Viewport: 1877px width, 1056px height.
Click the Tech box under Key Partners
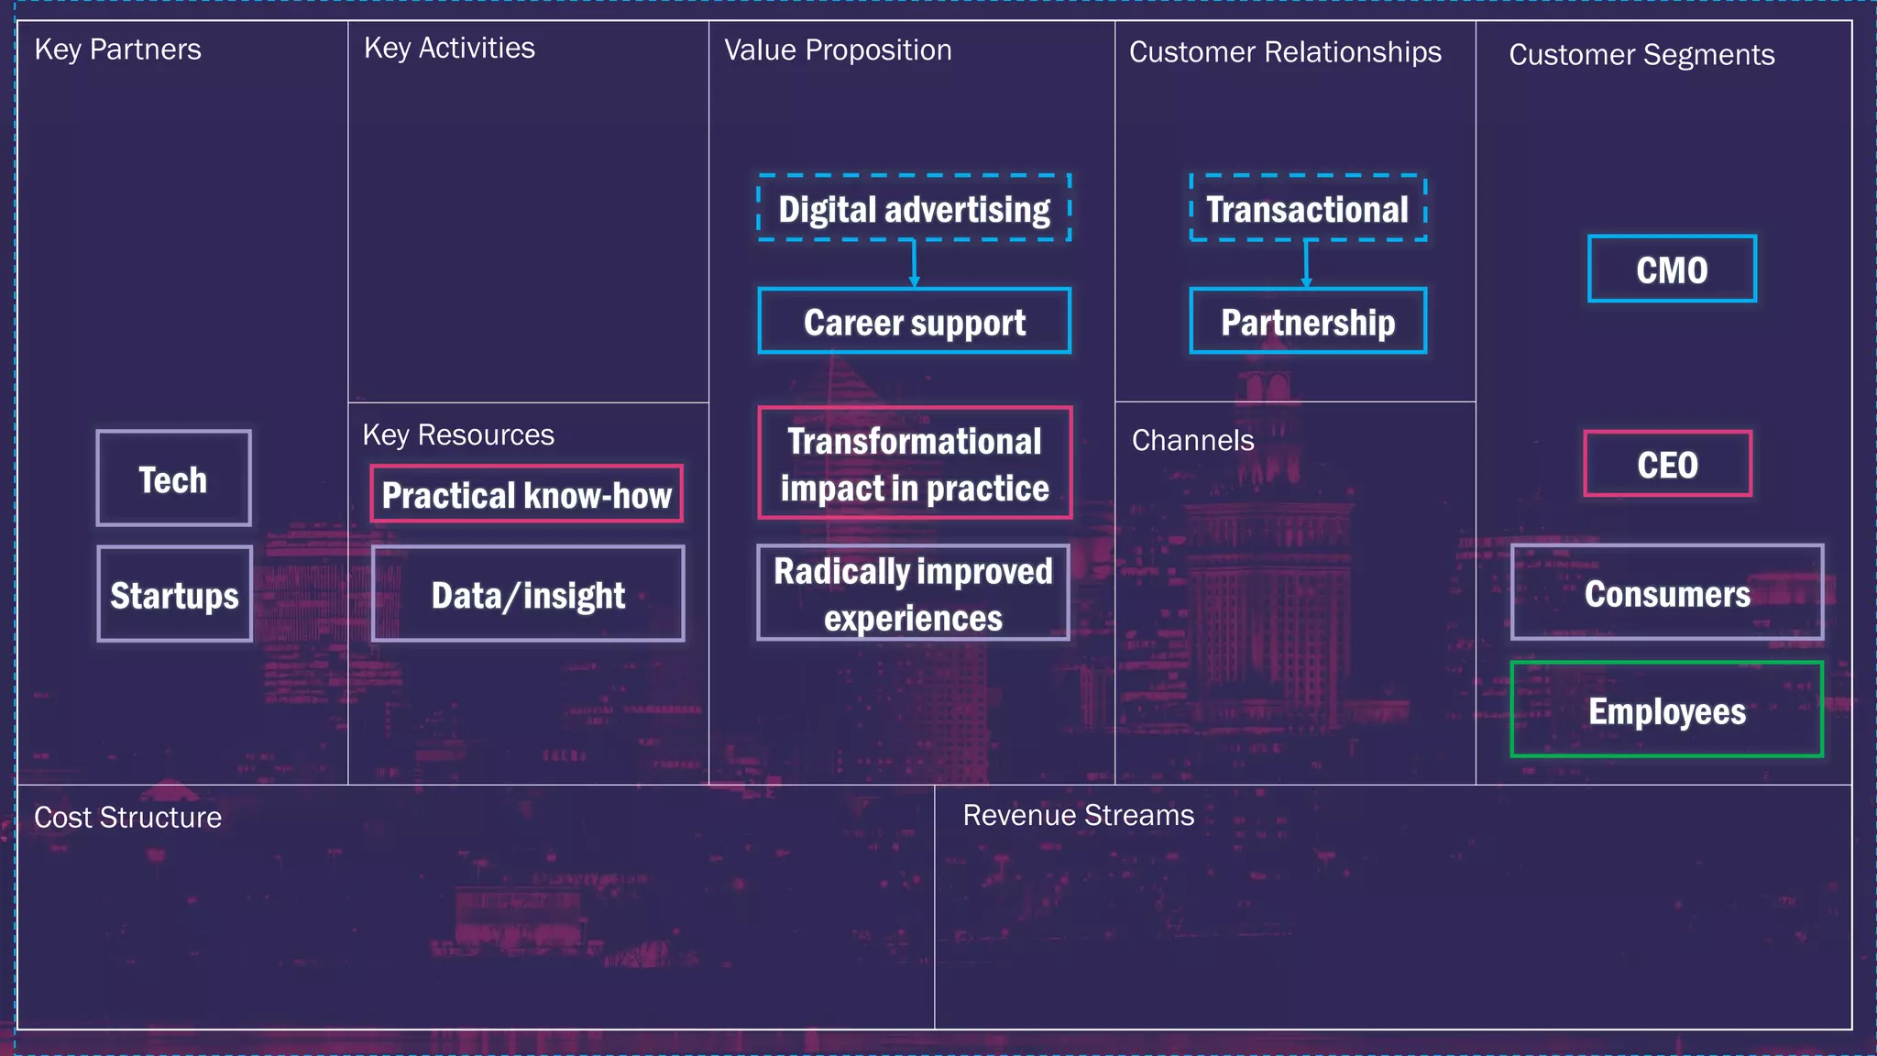[173, 478]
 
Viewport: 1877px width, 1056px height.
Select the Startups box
[174, 594]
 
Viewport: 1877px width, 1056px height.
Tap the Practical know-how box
[526, 494]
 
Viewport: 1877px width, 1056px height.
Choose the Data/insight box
[528, 594]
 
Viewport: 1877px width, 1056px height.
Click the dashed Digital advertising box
[914, 208]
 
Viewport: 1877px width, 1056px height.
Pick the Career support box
[914, 321]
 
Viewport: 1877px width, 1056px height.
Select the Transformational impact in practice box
[914, 463]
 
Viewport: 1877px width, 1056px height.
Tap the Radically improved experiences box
[913, 593]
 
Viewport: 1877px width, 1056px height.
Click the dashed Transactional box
[1307, 208]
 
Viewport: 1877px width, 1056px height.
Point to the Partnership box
[1307, 321]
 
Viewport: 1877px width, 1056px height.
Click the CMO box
[1672, 269]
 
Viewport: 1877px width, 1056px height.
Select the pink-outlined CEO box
[1667, 464]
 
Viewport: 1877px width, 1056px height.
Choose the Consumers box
[1666, 592]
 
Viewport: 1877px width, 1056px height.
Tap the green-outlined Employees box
[1666, 709]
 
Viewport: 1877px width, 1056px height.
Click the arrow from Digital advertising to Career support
[914, 264]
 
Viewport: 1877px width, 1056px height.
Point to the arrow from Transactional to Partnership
[1306, 264]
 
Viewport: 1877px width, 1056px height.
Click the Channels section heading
[1192, 440]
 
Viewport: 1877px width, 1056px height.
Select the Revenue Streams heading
[1078, 815]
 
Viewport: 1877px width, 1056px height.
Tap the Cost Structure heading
[127, 817]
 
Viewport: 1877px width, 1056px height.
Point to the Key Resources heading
[458, 434]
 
